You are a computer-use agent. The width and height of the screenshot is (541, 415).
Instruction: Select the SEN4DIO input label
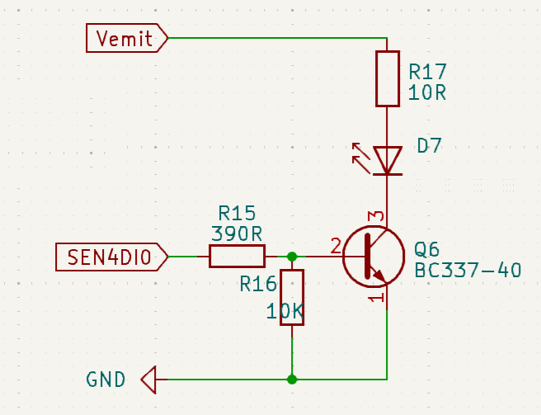click(x=111, y=257)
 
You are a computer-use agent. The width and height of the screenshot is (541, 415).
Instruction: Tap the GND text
click(x=106, y=380)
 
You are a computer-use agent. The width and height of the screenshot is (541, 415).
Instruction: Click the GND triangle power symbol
click(x=148, y=380)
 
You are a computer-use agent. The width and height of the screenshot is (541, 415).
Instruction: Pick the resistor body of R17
click(x=387, y=78)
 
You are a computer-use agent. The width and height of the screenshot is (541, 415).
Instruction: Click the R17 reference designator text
click(x=427, y=71)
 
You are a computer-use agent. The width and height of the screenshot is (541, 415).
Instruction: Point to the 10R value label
click(x=427, y=92)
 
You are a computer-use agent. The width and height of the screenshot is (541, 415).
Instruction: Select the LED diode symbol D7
click(x=387, y=160)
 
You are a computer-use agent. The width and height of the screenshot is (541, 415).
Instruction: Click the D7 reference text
click(x=429, y=146)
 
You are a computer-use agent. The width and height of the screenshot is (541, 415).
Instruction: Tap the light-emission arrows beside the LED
click(x=360, y=153)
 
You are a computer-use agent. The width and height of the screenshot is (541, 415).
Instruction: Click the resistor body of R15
click(x=237, y=257)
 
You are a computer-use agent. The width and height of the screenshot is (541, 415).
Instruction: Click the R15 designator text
click(x=237, y=213)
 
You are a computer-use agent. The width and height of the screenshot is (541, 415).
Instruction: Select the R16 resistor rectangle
click(x=292, y=297)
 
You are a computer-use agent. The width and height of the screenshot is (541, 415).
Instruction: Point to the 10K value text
click(x=285, y=312)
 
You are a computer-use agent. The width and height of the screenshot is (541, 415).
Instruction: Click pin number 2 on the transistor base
click(x=335, y=245)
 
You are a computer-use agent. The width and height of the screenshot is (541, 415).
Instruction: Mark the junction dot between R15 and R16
click(x=292, y=257)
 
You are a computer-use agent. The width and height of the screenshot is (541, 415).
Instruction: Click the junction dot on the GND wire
click(x=292, y=380)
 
